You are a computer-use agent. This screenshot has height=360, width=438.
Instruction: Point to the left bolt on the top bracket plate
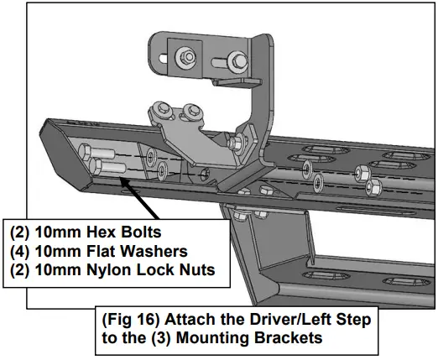pyautogui.click(x=181, y=56)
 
